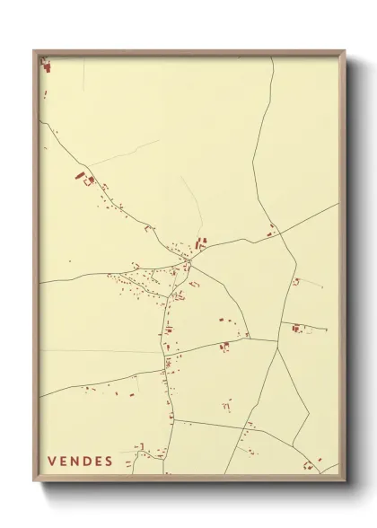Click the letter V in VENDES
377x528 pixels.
pos(52,462)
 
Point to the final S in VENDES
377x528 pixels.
pos(109,462)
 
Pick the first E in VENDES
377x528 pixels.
pos(64,462)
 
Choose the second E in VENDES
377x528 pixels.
pos(98,462)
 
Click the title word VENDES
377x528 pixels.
pos(80,462)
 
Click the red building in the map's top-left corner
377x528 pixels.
pos(46,66)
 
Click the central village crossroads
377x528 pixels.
pos(189,260)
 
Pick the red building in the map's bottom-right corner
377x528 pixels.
pos(308,464)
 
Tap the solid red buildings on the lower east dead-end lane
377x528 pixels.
pos(295,329)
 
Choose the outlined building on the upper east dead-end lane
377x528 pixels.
pos(295,282)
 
